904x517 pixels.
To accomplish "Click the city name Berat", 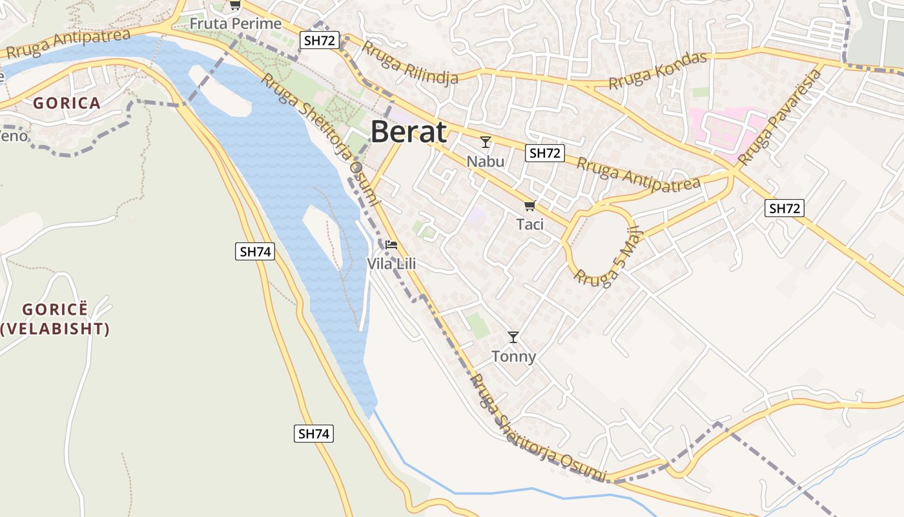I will click(x=408, y=132).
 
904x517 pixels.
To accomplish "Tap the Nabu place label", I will click(x=485, y=160).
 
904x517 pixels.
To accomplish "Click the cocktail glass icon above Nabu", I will click(x=486, y=142).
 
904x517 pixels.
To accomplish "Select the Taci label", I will click(x=529, y=224).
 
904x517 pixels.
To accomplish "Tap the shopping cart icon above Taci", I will click(x=529, y=206).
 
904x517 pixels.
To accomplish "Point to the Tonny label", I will click(x=513, y=356).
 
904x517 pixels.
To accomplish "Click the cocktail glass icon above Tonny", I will click(x=513, y=337).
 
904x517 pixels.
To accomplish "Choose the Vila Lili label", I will click(x=391, y=264).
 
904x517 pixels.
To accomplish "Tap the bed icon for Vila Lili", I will click(x=391, y=245).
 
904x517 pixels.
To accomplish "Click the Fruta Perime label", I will click(x=236, y=24).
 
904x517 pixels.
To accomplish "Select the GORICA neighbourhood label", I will click(x=67, y=103).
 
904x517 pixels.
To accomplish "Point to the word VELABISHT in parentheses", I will click(x=55, y=329).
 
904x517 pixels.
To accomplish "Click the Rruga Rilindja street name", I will click(x=409, y=63).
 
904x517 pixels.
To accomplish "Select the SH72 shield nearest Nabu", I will click(x=544, y=153).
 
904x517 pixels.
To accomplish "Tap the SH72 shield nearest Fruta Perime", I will click(x=320, y=41).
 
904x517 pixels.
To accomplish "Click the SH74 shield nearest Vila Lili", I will click(x=255, y=251).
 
